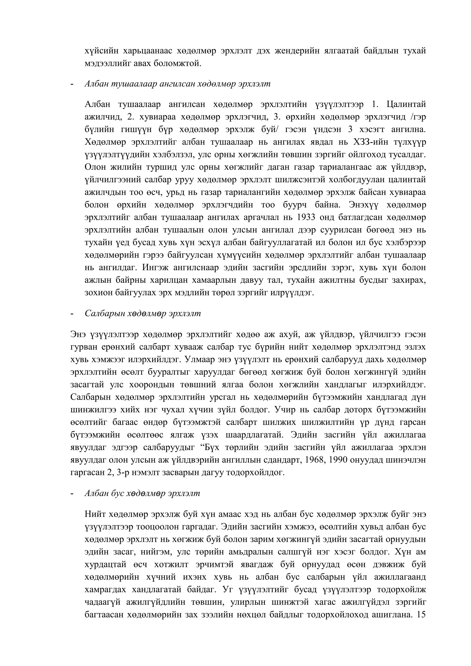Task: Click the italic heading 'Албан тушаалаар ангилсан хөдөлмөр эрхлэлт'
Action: (x=177, y=84)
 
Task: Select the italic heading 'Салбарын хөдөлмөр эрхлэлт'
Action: (x=142, y=313)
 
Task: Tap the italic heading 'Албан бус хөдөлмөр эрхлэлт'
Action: (x=142, y=494)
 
